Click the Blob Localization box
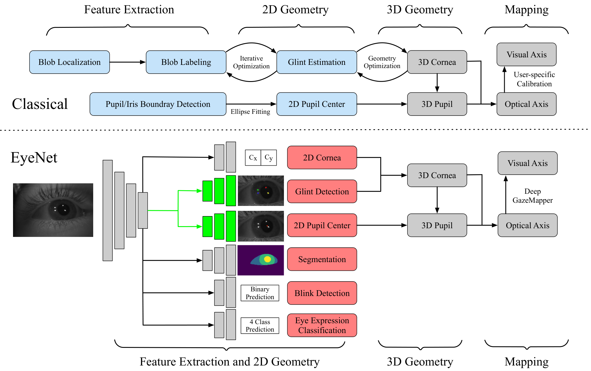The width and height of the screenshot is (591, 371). coord(69,62)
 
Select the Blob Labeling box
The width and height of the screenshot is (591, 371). coord(186,62)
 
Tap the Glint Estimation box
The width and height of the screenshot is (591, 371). coord(317,62)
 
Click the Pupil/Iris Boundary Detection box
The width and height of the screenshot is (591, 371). coord(158,104)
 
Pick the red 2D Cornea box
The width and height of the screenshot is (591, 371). coord(322,158)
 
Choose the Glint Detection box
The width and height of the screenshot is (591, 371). coord(322,191)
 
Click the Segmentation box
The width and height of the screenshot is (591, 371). coord(322,259)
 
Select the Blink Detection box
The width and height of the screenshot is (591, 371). coord(322,293)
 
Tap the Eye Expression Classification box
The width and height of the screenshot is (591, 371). coord(322,325)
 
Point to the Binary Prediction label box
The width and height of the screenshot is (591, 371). coord(260,293)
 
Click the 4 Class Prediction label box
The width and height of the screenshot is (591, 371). coord(260,326)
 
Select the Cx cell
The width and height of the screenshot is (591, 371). coord(253,158)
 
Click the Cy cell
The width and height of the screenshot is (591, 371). coord(269,158)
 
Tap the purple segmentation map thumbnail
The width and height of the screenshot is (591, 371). coord(260,260)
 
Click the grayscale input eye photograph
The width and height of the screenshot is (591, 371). coord(53,210)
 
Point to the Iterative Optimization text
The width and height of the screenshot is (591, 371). coord(251,62)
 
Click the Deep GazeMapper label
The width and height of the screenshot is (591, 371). coord(533,196)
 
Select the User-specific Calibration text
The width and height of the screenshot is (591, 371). coord(534,79)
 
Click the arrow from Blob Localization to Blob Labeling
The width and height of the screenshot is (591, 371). coord(128,62)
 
